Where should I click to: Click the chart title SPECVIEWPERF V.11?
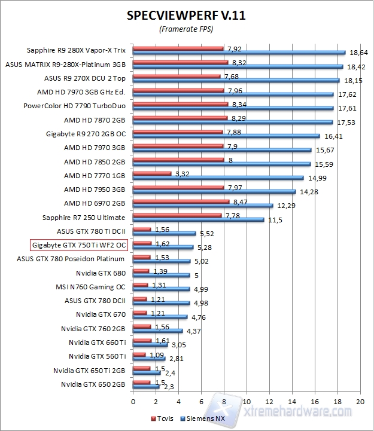pyautogui.click(x=186, y=16)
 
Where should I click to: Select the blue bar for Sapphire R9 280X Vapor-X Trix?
pyautogui.click(x=239, y=52)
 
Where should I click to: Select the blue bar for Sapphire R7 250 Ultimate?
pyautogui.click(x=198, y=219)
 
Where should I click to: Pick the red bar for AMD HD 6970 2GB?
pyautogui.click(x=181, y=202)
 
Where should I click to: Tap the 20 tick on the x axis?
pyautogui.click(x=360, y=401)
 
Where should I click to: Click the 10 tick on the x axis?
pyautogui.click(x=247, y=401)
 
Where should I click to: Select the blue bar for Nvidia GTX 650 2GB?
pyautogui.click(x=146, y=387)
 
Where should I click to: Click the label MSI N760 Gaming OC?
pyautogui.click(x=91, y=286)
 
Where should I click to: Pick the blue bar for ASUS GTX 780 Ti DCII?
pyautogui.click(x=165, y=233)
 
